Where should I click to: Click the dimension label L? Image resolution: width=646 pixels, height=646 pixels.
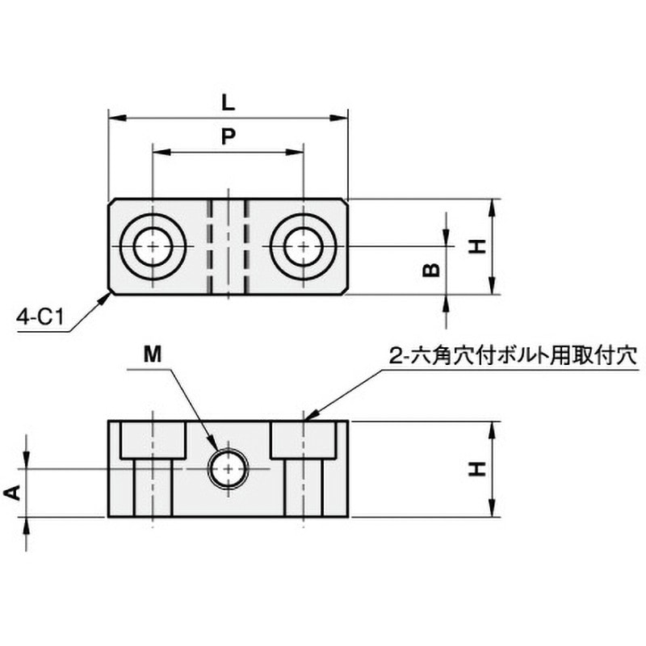(x=228, y=103)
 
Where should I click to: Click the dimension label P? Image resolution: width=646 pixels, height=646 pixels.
(x=229, y=136)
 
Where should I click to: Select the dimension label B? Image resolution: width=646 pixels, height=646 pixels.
(x=431, y=271)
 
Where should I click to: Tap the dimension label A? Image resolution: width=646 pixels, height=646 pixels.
(x=13, y=493)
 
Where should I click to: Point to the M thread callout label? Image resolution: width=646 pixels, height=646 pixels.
(x=153, y=354)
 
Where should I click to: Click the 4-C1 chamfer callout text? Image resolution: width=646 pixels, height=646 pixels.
(x=40, y=317)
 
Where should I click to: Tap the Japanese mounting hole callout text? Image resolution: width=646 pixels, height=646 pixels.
(x=514, y=355)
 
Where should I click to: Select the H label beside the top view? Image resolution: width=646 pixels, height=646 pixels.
(x=477, y=247)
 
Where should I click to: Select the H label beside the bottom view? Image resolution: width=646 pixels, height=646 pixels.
(x=477, y=469)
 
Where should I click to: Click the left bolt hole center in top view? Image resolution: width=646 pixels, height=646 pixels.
(x=153, y=246)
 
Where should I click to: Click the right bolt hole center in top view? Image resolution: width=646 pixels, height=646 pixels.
(x=304, y=246)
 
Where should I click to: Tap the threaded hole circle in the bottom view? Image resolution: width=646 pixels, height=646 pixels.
(x=229, y=468)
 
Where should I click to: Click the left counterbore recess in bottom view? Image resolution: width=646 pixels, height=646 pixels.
(x=153, y=440)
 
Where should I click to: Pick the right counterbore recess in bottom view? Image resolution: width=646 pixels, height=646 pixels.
(x=304, y=440)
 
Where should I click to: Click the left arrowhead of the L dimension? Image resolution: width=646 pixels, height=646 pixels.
(x=116, y=118)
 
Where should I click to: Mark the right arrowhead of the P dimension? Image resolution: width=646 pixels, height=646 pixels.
(x=295, y=152)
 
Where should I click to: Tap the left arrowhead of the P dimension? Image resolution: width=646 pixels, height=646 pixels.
(x=161, y=152)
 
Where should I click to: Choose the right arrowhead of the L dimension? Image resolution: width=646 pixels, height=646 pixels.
(x=339, y=118)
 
